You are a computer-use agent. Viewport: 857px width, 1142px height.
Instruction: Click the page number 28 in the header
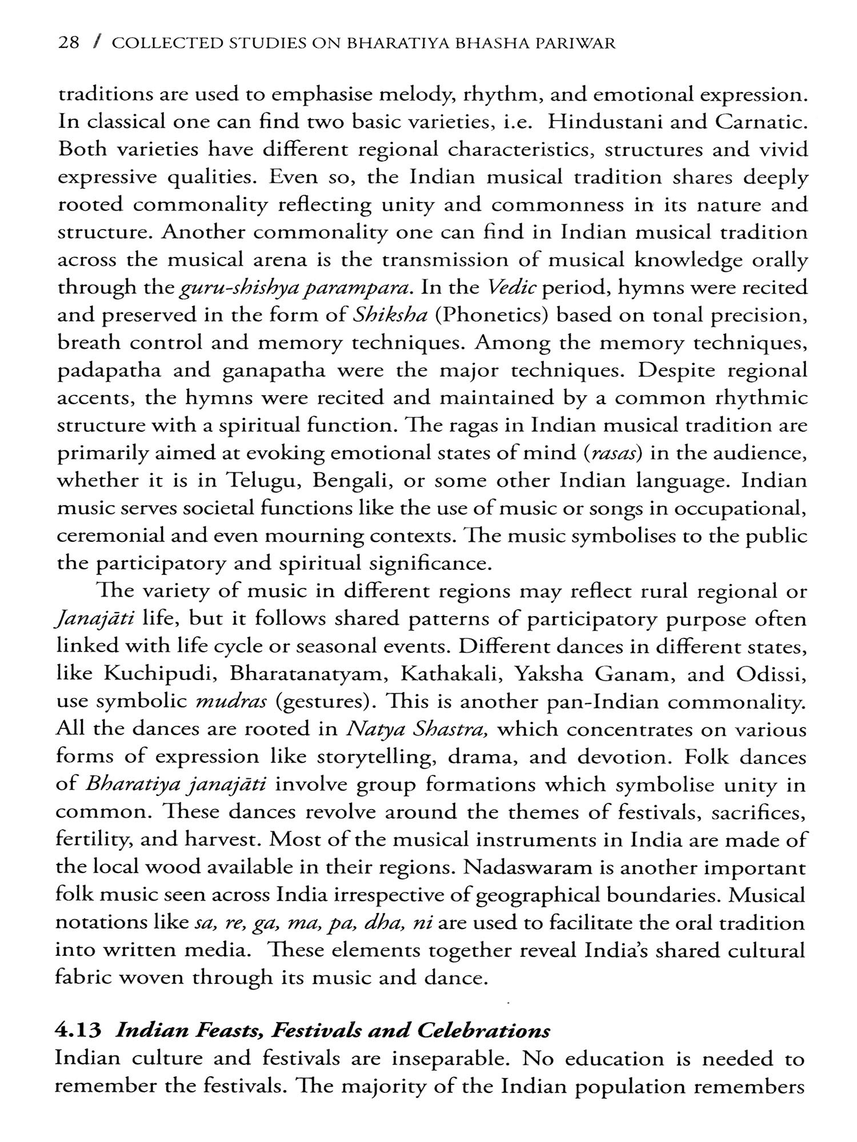pyautogui.click(x=69, y=43)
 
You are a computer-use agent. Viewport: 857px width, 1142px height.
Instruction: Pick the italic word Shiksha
pyautogui.click(x=390, y=315)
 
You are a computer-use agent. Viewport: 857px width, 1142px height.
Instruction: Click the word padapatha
pyautogui.click(x=108, y=371)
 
